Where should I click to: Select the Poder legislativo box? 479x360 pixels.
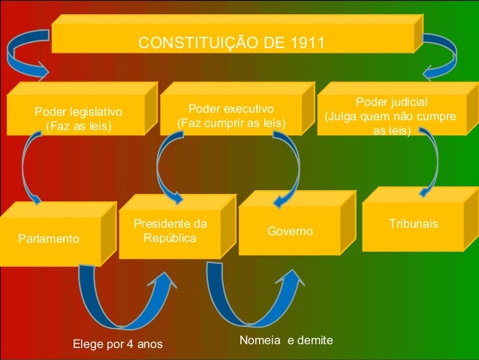[x=78, y=116]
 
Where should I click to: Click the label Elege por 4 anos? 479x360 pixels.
[x=117, y=345]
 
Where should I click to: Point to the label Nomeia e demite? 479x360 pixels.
[x=285, y=341]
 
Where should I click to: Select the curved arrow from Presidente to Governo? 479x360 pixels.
[x=244, y=301]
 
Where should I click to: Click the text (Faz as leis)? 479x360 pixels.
[x=78, y=126]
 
